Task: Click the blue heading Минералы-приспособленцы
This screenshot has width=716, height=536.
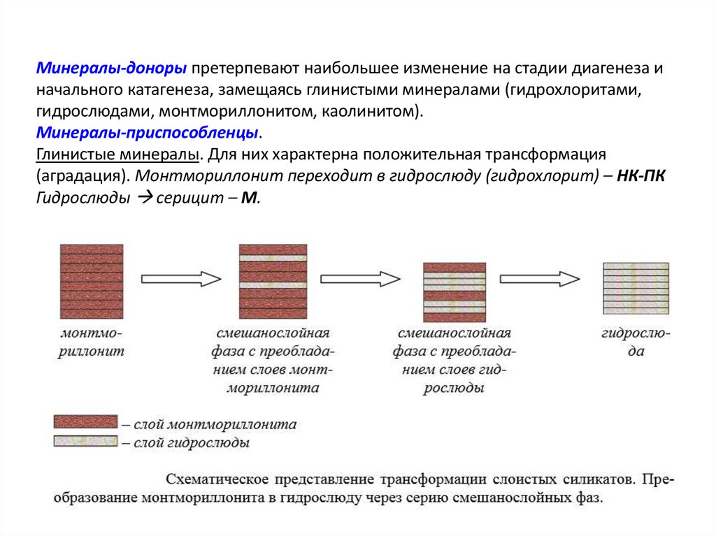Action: coord(150,133)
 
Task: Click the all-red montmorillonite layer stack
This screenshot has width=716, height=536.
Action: coord(92,281)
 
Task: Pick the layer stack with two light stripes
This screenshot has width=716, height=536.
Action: coord(273,281)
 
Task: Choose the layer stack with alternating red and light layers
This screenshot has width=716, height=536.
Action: coord(454,290)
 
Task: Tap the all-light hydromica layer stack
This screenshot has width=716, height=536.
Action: coord(636,288)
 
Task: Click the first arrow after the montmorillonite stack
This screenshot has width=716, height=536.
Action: coord(181,279)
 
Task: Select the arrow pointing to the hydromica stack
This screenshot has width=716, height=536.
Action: coord(540,279)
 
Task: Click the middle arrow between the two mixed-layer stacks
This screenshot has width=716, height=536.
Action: coord(360,279)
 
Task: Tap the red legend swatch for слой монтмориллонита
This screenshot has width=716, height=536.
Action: coord(86,421)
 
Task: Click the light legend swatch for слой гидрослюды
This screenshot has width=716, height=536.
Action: coord(86,440)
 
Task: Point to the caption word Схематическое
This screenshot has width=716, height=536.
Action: coord(217,479)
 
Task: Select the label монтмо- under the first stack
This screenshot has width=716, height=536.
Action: coord(92,332)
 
